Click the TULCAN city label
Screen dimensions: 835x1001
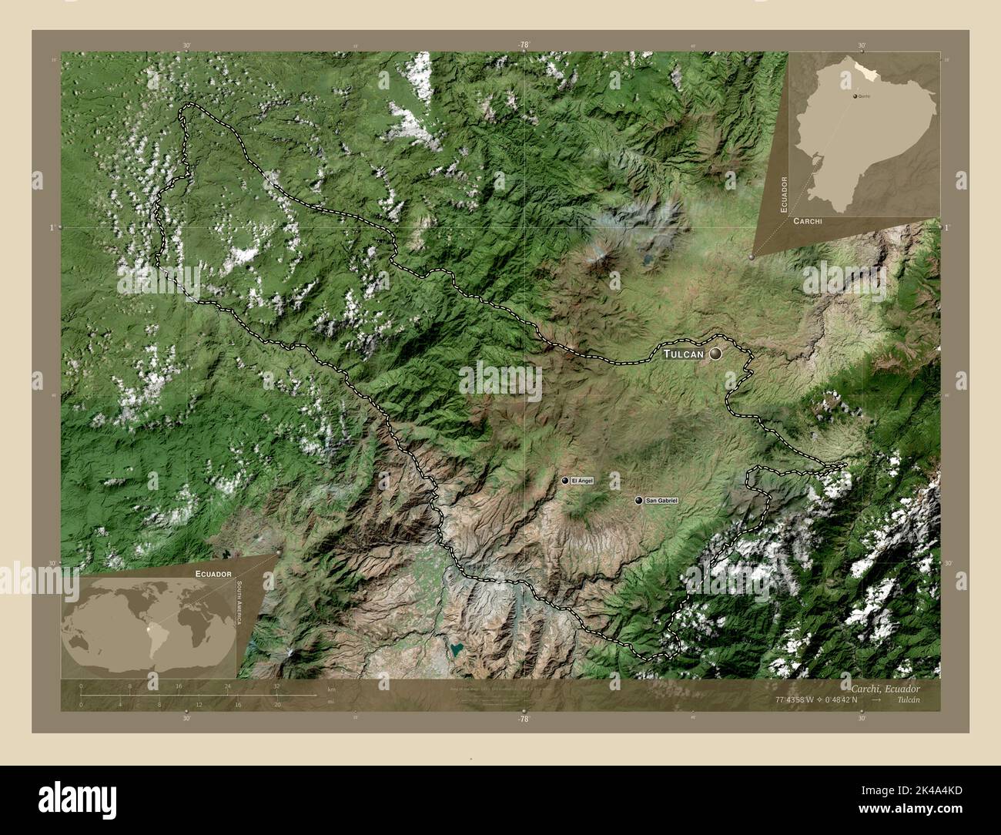tap(684, 354)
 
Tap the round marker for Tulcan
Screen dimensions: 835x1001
tap(716, 354)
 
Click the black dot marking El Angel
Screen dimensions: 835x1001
tap(566, 481)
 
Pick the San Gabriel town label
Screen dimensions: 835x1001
tap(661, 501)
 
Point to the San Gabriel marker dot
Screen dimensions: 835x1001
tap(638, 501)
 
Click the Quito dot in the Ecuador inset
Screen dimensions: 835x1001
tap(855, 96)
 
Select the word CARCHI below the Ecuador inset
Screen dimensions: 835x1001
tap(806, 221)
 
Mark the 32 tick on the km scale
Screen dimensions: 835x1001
tap(276, 686)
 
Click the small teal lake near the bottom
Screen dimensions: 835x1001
tap(457, 649)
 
